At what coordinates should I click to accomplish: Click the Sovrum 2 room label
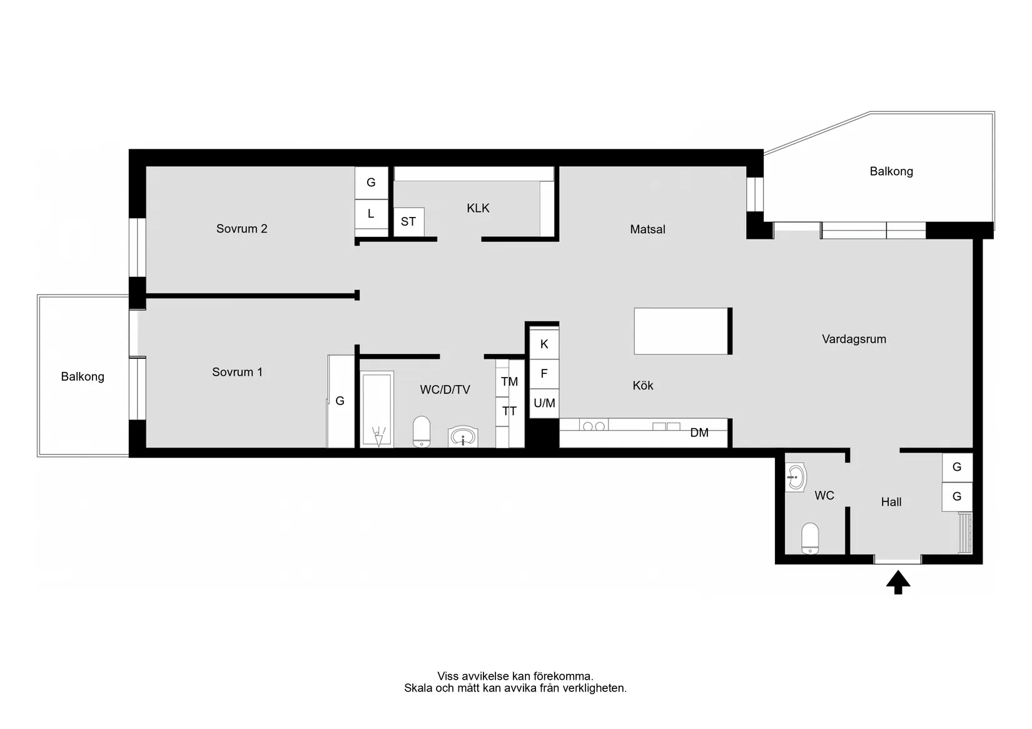click(x=241, y=228)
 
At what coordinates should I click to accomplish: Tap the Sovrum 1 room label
click(x=237, y=371)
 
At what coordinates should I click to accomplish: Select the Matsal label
click(x=647, y=229)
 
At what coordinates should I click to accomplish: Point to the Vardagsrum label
click(x=854, y=339)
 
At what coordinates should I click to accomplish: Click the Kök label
click(x=643, y=385)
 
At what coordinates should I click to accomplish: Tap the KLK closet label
click(x=478, y=208)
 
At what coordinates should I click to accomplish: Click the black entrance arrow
click(x=898, y=583)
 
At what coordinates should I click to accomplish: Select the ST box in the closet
click(x=408, y=221)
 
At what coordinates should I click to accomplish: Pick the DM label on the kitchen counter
click(x=699, y=433)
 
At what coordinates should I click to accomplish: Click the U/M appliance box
click(x=544, y=403)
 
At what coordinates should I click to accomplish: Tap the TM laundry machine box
click(x=510, y=381)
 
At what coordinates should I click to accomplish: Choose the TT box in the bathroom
click(x=510, y=411)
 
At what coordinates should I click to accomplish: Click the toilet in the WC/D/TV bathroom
click(x=422, y=431)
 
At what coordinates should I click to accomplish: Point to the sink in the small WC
click(x=796, y=478)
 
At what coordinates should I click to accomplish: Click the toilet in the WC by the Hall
click(x=810, y=538)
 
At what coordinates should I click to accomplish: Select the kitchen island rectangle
click(x=681, y=331)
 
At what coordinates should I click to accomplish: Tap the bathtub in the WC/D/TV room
click(x=377, y=410)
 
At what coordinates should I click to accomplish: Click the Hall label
click(x=891, y=502)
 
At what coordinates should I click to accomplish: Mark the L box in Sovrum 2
click(x=371, y=214)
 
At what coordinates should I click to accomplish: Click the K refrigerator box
click(x=544, y=344)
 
